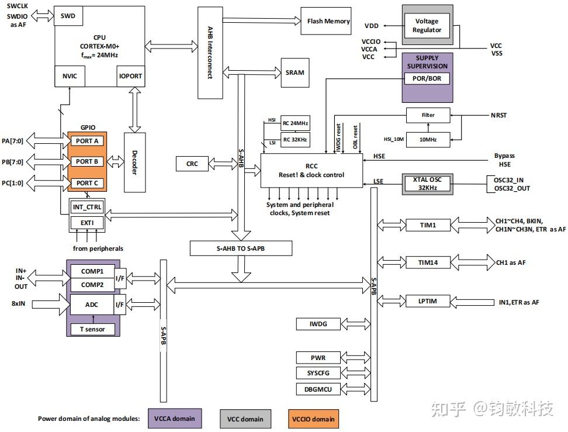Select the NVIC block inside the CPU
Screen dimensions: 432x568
point(70,76)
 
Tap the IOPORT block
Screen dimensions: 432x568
point(130,76)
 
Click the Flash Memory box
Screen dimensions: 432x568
point(328,21)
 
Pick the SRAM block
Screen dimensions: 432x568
point(295,72)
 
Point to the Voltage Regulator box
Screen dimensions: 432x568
point(427,26)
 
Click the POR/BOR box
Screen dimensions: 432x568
point(427,79)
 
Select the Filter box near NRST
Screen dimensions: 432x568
point(428,115)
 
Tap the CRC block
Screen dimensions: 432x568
point(192,164)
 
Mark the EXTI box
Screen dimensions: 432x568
point(86,223)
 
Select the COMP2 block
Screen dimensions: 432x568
point(92,284)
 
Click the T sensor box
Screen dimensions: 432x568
point(92,329)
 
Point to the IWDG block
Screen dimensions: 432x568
point(318,324)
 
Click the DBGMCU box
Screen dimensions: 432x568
point(318,389)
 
